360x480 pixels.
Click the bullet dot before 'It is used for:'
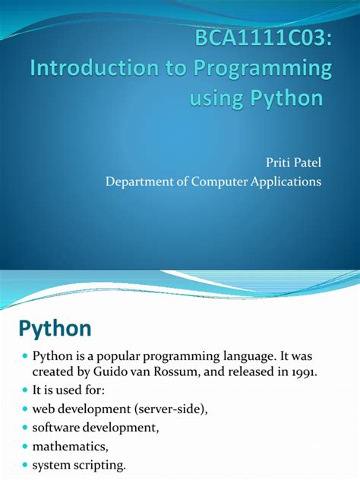[24, 390]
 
